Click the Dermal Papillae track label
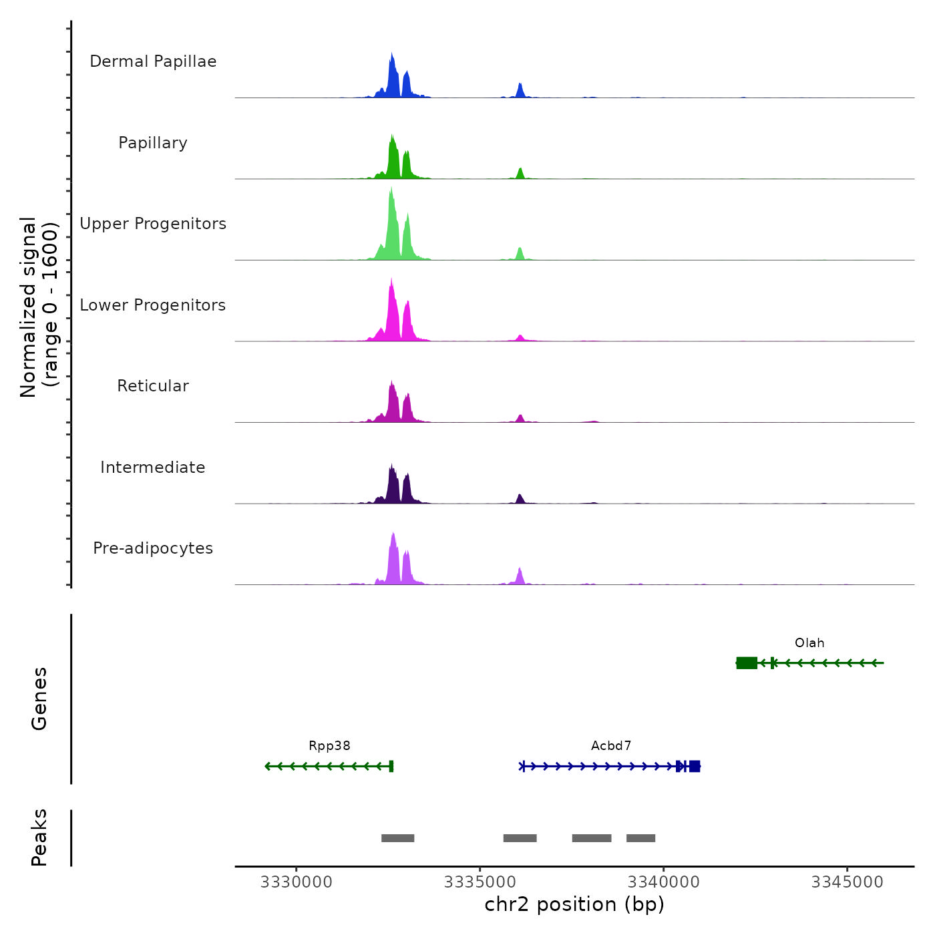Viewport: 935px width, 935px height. pos(153,61)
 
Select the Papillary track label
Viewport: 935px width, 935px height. pos(153,143)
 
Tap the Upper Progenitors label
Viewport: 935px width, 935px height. pos(153,224)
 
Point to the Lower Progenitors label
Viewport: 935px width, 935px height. pos(153,305)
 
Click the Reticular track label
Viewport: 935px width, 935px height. pos(153,386)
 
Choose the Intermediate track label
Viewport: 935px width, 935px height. pos(153,467)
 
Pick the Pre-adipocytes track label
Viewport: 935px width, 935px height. pos(153,548)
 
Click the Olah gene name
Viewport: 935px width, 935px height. pos(809,643)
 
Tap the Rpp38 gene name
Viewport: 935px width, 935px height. pos(329,746)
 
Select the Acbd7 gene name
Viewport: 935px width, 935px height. pos(611,746)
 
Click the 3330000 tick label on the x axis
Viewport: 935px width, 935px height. pos(297,882)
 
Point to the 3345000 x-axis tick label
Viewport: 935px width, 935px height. pos(848,882)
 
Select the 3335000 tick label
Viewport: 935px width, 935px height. pos(480,882)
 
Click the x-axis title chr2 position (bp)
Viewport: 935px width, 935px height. pos(574,904)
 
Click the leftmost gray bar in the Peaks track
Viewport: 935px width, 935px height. pos(398,838)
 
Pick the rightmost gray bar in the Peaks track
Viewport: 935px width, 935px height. pos(640,838)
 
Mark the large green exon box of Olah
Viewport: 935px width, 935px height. pos(747,663)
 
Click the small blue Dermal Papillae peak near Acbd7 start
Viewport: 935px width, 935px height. pos(520,91)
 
